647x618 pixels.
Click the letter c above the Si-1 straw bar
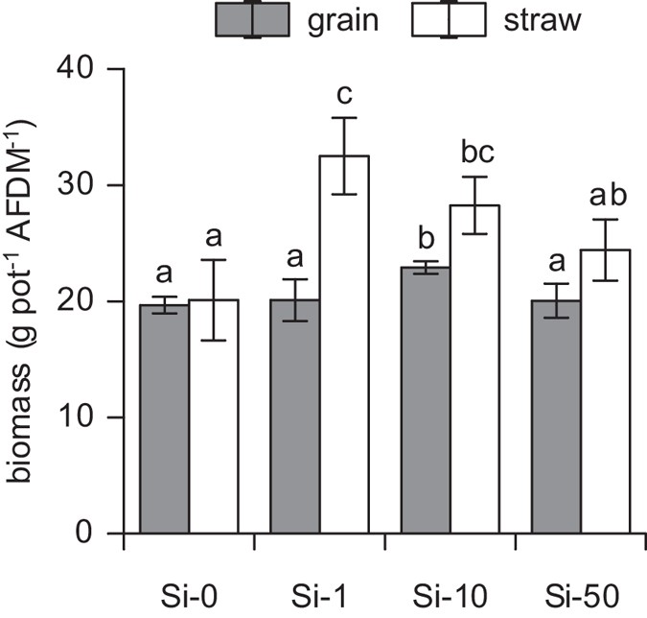click(344, 96)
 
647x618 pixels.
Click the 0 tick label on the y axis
click(92, 534)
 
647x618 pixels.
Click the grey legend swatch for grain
click(252, 18)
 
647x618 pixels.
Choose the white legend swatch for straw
click(448, 18)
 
